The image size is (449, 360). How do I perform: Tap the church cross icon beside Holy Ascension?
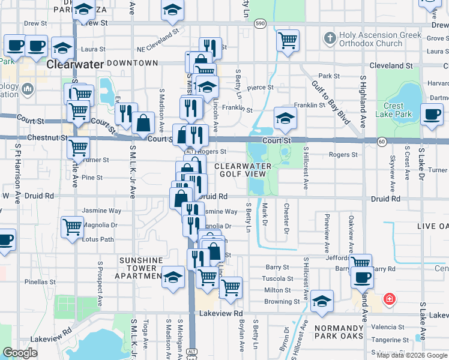[x=329, y=39]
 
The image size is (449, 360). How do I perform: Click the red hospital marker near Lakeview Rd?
[x=389, y=298]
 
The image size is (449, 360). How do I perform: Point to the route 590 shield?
[x=259, y=23]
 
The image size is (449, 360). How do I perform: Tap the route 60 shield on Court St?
[x=382, y=140]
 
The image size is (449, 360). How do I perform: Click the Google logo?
[x=20, y=353]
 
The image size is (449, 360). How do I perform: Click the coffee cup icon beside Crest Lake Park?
[x=432, y=114]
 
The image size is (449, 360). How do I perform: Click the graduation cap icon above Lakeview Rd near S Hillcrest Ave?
[x=322, y=302]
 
